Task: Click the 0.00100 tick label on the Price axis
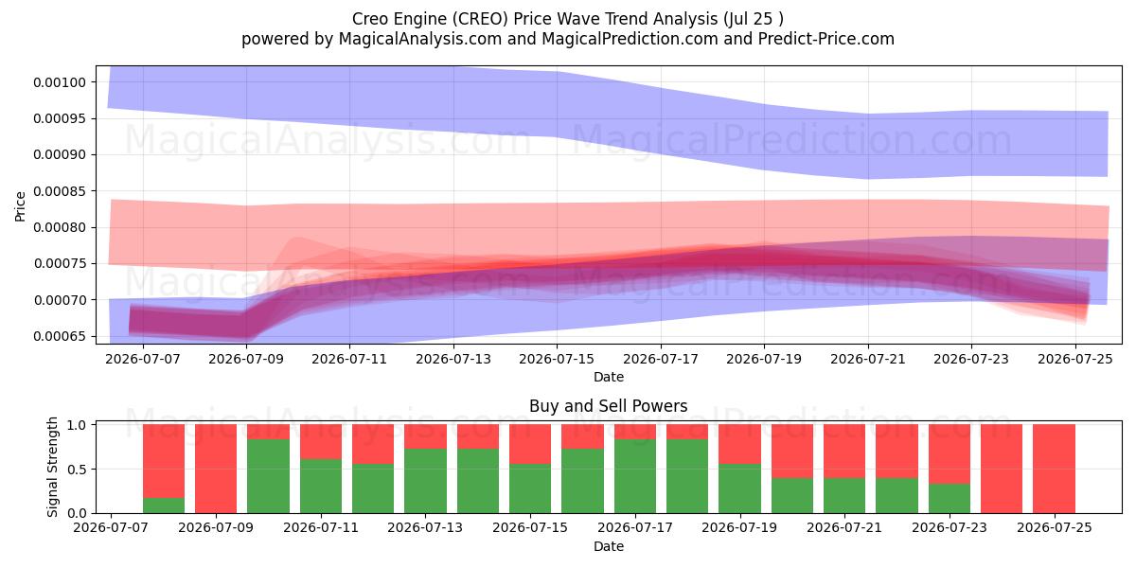point(59,82)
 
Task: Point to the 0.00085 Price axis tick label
point(59,191)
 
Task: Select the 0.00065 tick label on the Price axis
point(59,336)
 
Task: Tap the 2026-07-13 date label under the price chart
point(453,359)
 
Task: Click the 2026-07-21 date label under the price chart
point(868,359)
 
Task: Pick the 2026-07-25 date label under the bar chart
point(1055,527)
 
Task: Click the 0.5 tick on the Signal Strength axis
point(77,470)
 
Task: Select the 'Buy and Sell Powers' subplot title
point(609,406)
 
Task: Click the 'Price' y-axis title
point(20,206)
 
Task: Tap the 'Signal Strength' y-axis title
point(52,467)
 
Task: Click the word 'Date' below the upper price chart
point(609,377)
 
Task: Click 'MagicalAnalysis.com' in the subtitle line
point(420,39)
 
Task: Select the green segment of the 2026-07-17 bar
point(635,476)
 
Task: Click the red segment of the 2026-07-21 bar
point(844,452)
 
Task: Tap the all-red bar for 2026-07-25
point(1054,469)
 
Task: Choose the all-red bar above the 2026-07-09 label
point(216,469)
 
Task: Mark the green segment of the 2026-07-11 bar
point(321,487)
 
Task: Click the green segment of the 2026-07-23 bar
point(950,499)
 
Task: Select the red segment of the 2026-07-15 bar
point(530,444)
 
